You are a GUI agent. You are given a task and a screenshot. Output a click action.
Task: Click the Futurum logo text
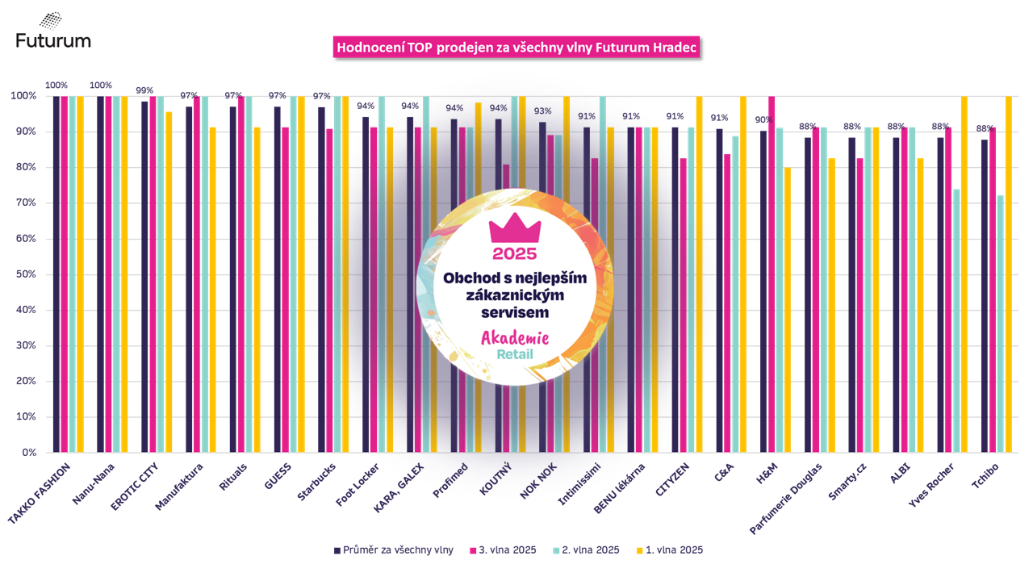tap(53, 40)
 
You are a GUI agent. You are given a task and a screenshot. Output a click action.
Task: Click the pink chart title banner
tap(516, 48)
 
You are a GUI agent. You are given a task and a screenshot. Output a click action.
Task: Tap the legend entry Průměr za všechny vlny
tap(393, 550)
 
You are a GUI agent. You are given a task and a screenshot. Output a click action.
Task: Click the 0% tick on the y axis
tap(27, 453)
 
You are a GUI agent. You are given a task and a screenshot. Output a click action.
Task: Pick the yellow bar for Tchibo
tap(1008, 274)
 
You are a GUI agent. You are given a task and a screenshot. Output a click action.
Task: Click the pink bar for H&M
tap(771, 274)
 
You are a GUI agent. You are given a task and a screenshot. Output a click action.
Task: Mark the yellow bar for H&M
tap(787, 310)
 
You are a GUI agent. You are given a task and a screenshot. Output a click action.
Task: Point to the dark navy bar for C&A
tap(719, 290)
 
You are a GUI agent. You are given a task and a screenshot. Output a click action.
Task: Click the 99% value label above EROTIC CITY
tap(144, 90)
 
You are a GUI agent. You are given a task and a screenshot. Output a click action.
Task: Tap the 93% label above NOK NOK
tap(542, 111)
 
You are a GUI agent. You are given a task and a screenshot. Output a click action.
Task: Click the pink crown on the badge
tap(514, 229)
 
